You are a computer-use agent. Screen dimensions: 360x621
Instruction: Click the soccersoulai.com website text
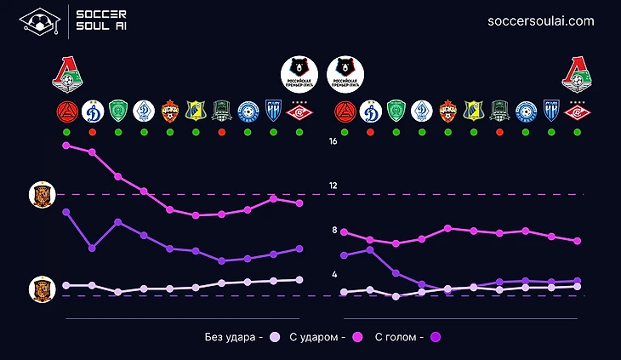coord(541,21)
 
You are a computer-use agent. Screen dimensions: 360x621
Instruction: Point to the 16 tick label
coord(334,142)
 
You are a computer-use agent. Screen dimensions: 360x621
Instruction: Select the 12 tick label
coord(334,186)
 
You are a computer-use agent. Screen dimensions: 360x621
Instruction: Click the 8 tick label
coord(334,231)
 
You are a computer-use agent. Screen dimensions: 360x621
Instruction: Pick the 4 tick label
coord(334,275)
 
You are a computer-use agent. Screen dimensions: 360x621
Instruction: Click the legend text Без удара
coord(230,337)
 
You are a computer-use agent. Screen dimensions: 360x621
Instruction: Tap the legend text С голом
coord(400,337)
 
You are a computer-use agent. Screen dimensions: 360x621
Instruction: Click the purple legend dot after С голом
coord(436,337)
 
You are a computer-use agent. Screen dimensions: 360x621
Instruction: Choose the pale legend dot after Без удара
coord(274,337)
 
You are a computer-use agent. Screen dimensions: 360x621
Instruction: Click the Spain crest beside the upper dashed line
coord(40,195)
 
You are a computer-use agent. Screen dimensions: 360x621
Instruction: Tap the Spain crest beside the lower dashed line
coord(40,290)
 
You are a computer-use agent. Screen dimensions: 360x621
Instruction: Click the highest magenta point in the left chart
coord(66,146)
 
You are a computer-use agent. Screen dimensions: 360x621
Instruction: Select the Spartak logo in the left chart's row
coord(299,111)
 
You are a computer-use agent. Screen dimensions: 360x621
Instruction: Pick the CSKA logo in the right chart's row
coord(447,111)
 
